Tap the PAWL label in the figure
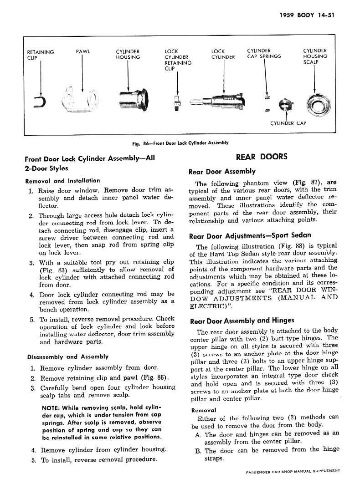tap(82, 51)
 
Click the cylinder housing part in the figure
tap(134, 98)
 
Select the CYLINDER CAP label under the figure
tap(288, 122)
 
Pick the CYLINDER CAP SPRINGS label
tap(264, 54)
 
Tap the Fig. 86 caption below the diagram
tap(180, 143)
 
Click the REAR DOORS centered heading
tap(262, 157)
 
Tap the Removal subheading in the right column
tap(203, 409)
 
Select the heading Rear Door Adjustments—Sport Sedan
tap(250, 236)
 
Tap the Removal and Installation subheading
tap(62, 181)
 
